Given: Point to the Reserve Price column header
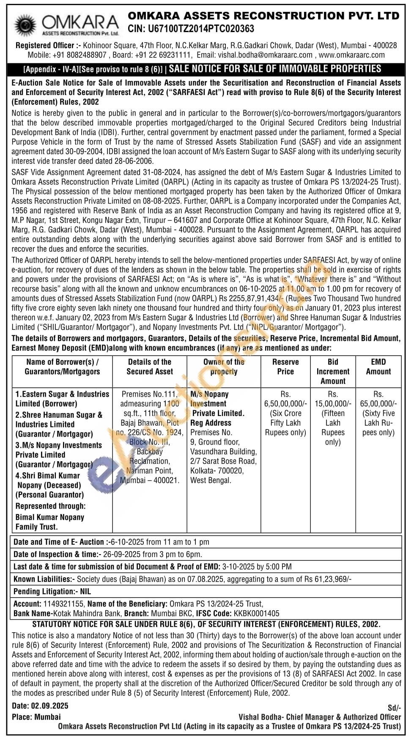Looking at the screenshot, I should pos(285,367).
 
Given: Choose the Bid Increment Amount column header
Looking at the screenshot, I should pos(333,371).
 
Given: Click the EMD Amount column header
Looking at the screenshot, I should pos(378,367).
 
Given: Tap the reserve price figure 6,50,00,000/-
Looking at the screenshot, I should pos(285,403).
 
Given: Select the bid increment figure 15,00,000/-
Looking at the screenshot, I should pos(333,403).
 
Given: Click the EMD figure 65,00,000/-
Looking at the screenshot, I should pos(378,403).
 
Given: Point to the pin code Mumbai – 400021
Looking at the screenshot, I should pos(150,480).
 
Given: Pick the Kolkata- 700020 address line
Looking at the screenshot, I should pos(217,470).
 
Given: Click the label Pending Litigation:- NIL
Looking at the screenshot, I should pos(52,591).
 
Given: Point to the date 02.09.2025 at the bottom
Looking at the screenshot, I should pos(49,706).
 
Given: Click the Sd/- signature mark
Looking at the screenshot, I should pos(394,708).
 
